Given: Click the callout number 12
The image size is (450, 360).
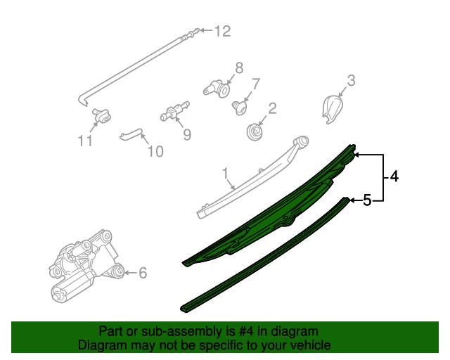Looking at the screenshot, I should point(222,31).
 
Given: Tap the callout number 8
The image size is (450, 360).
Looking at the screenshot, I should point(239,67).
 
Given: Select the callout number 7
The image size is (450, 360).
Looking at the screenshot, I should point(256,84).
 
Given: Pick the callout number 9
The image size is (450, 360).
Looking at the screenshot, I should point(187,133).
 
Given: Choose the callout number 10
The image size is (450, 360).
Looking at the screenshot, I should point(155,150).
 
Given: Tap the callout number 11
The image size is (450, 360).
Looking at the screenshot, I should point(85,141).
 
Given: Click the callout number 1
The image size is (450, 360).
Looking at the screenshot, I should point(226,172).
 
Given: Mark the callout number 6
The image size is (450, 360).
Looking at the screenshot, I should point(143,273).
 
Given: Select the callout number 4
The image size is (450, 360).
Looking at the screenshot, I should point(394,177).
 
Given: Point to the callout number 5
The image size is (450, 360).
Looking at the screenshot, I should point(366,201).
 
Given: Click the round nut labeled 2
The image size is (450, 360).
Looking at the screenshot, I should point(255,131).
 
